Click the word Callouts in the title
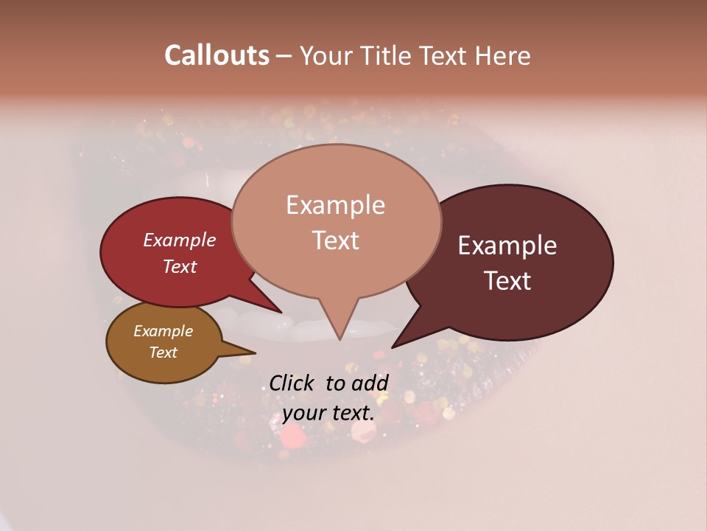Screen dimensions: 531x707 click(x=217, y=55)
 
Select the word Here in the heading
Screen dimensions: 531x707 click(x=502, y=55)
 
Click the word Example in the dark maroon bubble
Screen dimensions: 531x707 click(x=507, y=246)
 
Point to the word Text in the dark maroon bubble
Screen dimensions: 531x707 click(x=507, y=281)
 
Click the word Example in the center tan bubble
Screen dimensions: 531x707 click(x=335, y=205)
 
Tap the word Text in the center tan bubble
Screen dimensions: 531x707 click(x=335, y=240)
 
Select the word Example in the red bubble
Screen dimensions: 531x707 click(x=180, y=240)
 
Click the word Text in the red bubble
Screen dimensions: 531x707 click(x=180, y=266)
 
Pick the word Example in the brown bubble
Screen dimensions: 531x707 click(x=163, y=331)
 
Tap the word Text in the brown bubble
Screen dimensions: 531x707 click(x=163, y=353)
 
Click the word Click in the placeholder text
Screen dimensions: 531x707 click(x=294, y=383)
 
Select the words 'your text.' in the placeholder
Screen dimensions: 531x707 click(x=328, y=413)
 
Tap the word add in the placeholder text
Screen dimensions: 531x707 click(x=369, y=383)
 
